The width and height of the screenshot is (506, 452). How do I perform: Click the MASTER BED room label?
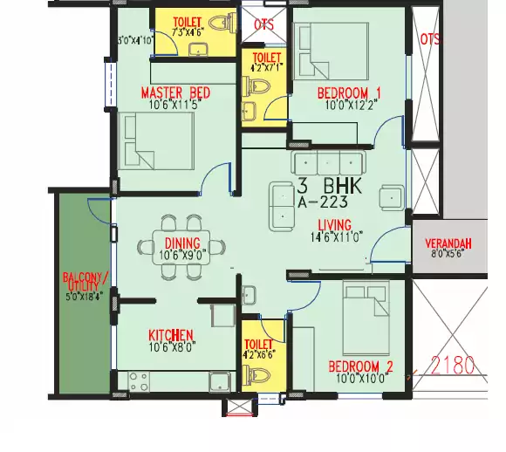pyautogui.click(x=175, y=92)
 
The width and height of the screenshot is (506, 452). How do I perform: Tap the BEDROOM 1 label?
pyautogui.click(x=337, y=92)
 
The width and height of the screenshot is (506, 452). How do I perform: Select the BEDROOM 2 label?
pyautogui.click(x=360, y=366)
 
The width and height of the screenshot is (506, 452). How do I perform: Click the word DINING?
pyautogui.click(x=181, y=243)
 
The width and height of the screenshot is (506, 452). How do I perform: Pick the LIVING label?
pyautogui.click(x=335, y=225)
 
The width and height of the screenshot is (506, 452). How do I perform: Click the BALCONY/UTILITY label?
pyautogui.click(x=85, y=283)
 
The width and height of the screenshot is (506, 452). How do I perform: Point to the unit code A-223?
pyautogui.click(x=323, y=202)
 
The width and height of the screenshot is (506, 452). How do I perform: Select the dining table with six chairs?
pyautogui.click(x=182, y=247)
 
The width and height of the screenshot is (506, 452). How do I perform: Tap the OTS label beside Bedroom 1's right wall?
pyautogui.click(x=429, y=39)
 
